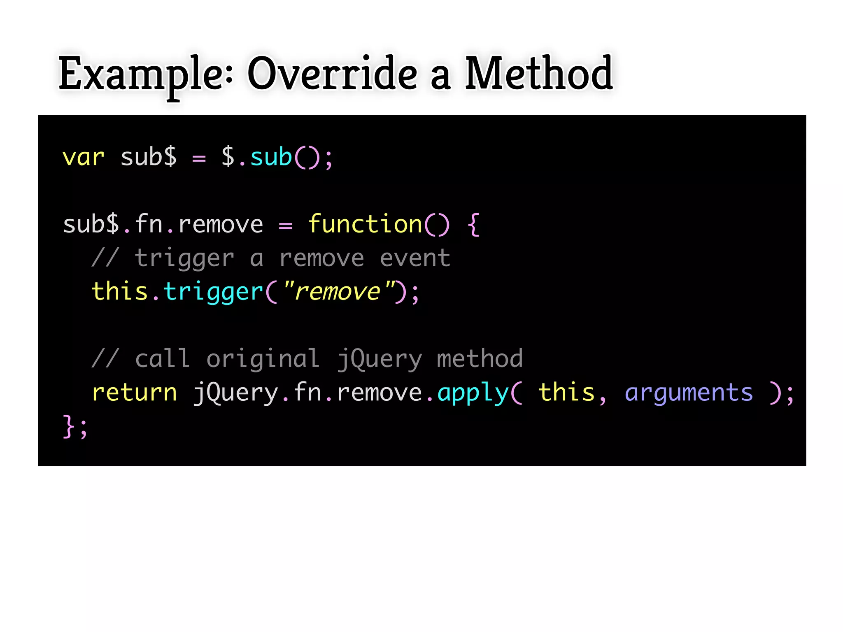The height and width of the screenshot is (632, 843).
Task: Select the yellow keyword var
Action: pos(83,158)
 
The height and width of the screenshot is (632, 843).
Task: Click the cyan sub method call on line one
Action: pos(271,158)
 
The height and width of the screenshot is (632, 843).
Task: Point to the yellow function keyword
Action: pos(365,225)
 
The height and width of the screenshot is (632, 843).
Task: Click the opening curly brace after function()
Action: pos(474,225)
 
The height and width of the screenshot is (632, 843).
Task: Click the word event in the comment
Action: pos(415,258)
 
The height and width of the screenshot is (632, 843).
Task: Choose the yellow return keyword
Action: pos(134,393)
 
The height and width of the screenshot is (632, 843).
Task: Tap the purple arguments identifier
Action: pos(689,393)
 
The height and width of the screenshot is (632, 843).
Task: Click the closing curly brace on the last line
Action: pos(68,426)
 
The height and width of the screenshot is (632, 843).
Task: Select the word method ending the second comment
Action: pos(480,359)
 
